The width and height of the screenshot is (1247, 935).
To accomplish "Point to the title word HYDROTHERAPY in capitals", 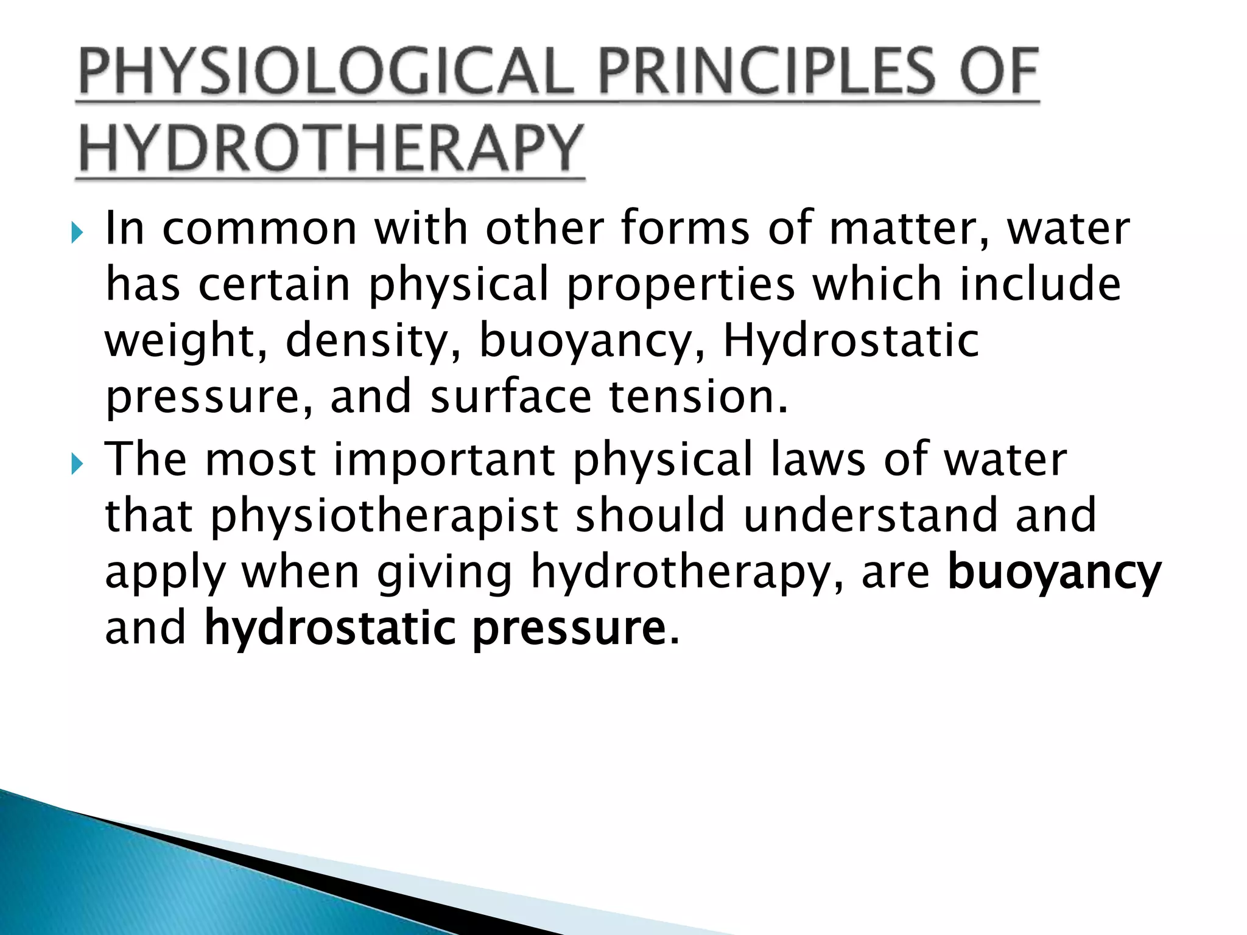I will (331, 148).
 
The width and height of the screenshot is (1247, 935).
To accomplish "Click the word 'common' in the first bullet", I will (259, 229).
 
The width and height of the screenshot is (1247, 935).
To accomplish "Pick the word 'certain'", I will (274, 285).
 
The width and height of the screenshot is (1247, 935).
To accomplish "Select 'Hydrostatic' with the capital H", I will (851, 341).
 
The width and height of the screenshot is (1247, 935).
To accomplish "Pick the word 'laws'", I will (818, 459).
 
